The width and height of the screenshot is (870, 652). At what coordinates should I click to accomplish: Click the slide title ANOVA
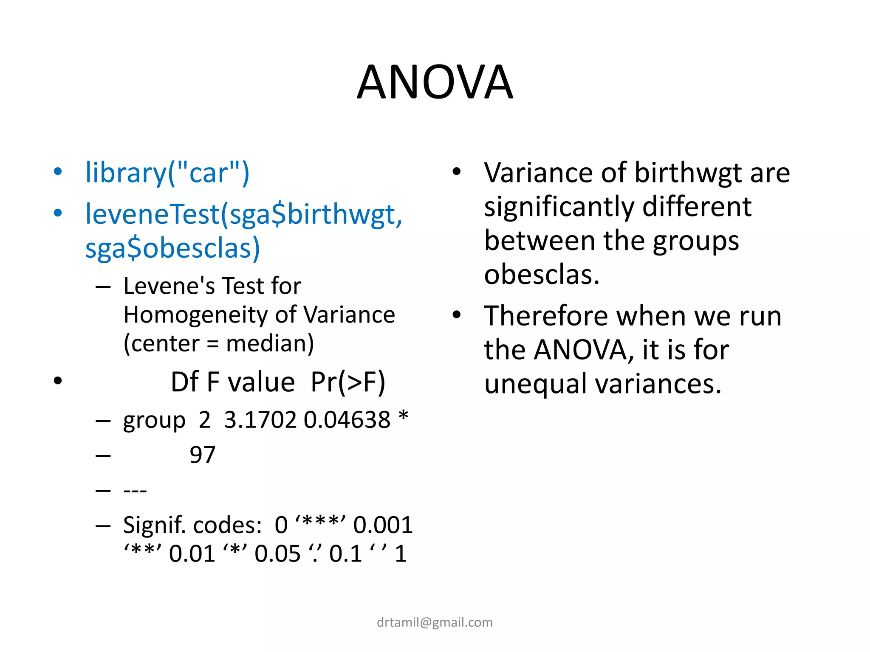(435, 82)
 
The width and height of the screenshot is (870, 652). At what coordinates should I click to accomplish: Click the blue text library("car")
(167, 173)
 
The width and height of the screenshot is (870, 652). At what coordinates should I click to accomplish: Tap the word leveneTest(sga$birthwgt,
(243, 214)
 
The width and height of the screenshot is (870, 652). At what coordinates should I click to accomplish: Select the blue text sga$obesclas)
(172, 248)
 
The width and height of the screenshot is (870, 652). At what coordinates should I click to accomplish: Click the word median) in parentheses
(270, 343)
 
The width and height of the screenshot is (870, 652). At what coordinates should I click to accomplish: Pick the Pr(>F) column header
(348, 382)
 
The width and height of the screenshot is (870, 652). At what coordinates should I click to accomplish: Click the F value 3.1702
(260, 420)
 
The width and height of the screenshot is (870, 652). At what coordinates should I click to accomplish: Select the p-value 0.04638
(347, 420)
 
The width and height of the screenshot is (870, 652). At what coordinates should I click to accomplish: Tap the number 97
(202, 455)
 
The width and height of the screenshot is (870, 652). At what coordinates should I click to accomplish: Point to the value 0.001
(383, 526)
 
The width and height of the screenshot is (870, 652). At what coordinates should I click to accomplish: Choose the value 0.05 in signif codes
(277, 554)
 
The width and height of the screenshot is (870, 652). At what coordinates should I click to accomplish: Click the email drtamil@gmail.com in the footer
(435, 622)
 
